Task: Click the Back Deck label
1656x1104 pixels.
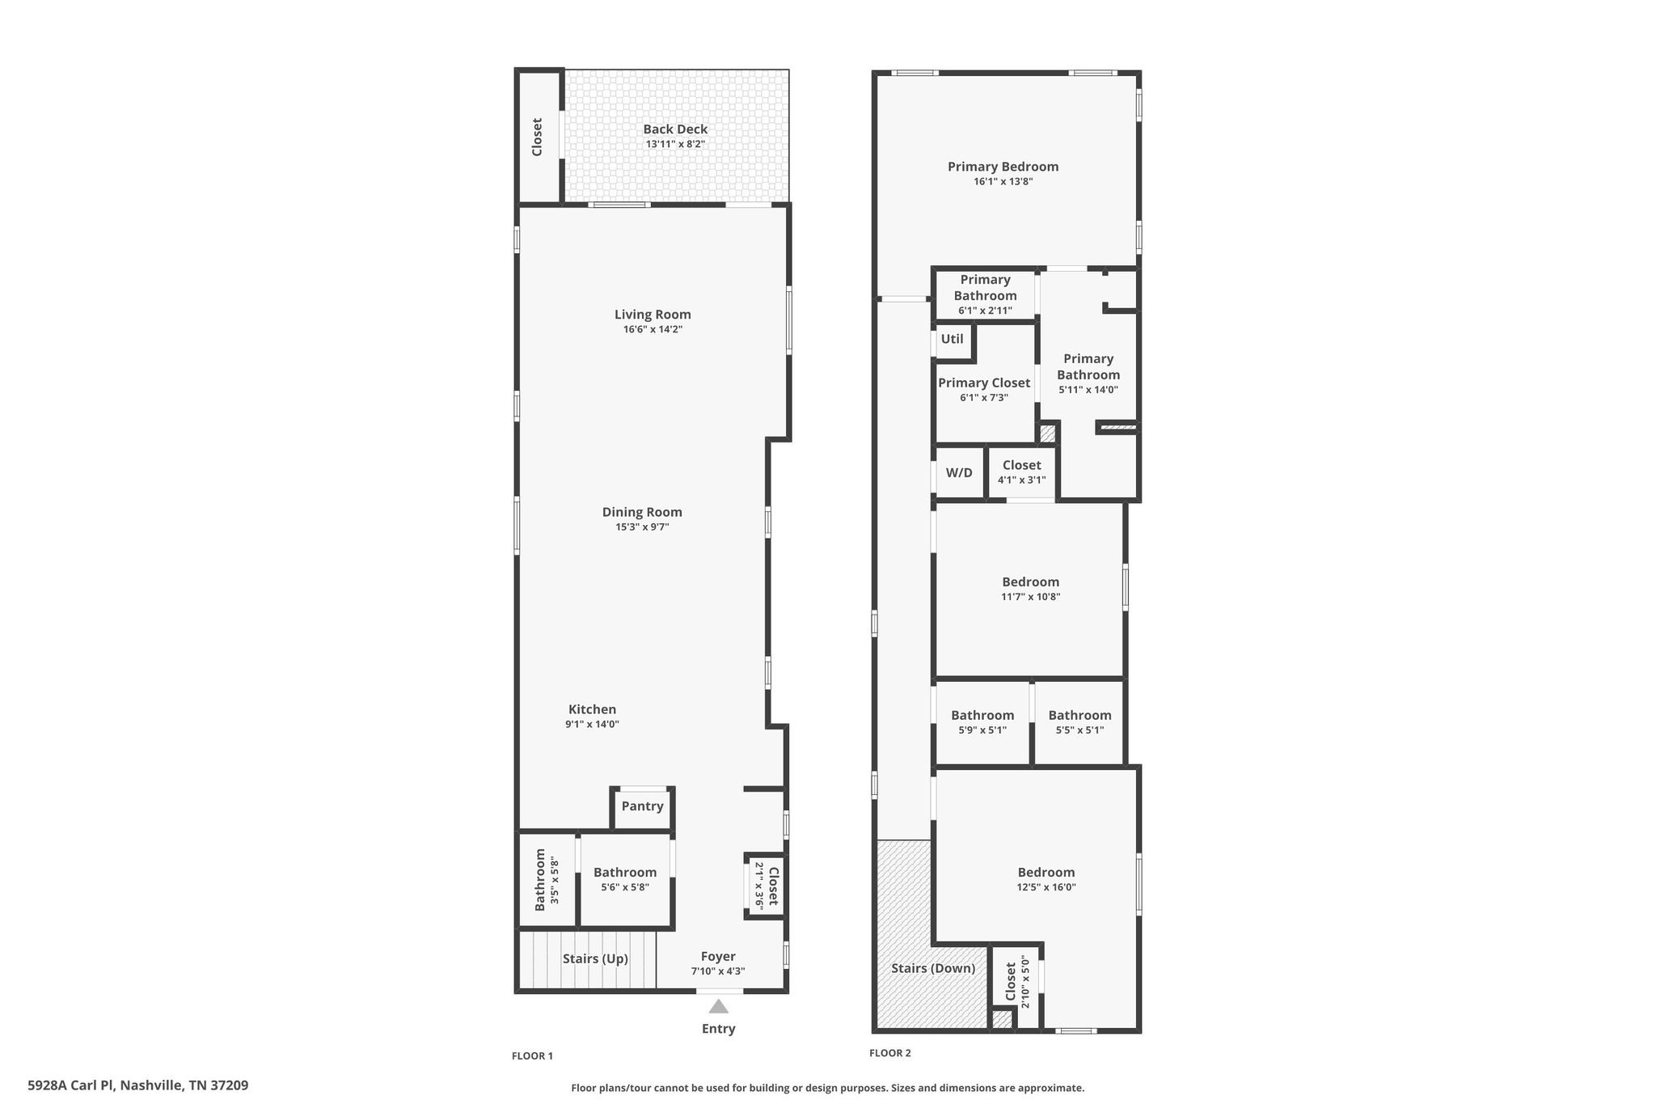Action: click(675, 129)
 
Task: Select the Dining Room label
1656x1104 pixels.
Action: click(642, 512)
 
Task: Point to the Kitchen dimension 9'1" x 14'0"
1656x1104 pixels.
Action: click(592, 725)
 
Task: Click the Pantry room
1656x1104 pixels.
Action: click(642, 806)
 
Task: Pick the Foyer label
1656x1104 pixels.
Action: click(718, 957)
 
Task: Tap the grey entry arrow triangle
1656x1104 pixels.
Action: click(718, 1006)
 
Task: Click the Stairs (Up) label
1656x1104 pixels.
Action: click(595, 959)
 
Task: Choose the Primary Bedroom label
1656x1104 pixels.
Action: click(1003, 167)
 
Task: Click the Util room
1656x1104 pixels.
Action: click(952, 339)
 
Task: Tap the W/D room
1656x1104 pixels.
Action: click(959, 473)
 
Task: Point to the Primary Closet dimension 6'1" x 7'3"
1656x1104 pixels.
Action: click(983, 398)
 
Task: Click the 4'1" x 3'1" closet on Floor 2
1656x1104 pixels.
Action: click(1021, 472)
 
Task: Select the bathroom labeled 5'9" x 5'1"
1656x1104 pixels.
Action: click(982, 722)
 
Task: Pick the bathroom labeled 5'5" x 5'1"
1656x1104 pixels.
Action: click(1079, 722)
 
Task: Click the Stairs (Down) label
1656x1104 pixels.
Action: click(933, 968)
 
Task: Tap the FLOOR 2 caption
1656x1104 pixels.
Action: click(889, 1053)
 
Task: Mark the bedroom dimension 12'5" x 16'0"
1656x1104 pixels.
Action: click(1046, 887)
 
